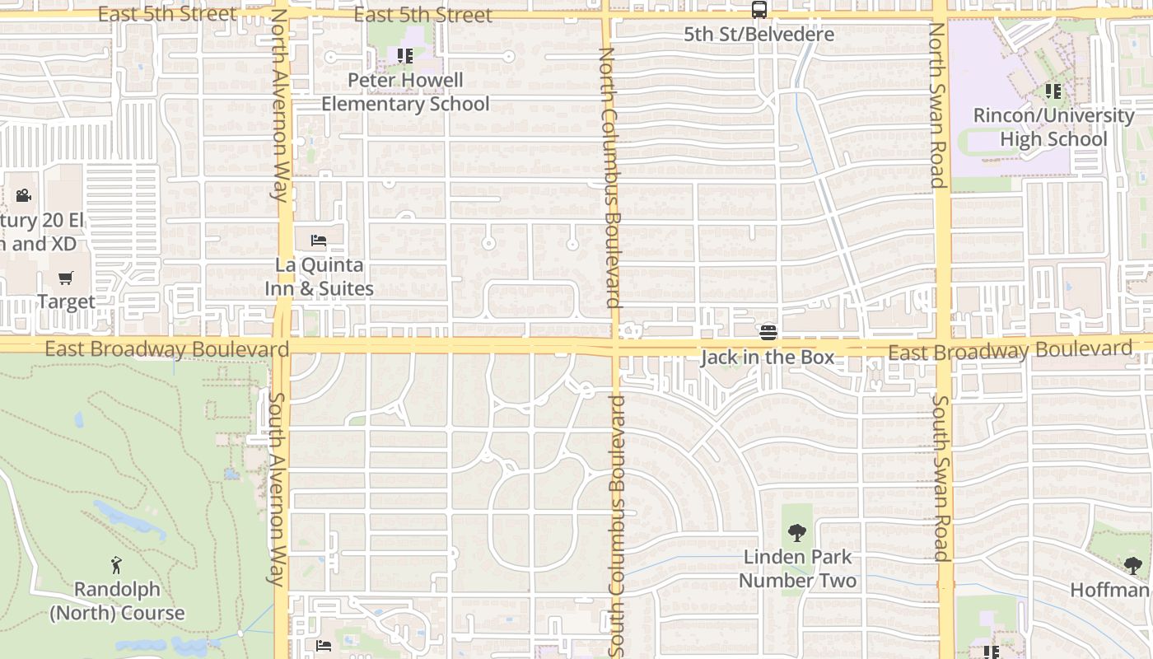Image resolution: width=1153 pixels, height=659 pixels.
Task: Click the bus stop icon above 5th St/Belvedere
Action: click(759, 10)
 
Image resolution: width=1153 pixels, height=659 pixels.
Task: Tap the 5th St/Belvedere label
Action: click(759, 35)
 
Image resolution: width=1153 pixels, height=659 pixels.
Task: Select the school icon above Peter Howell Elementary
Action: click(404, 56)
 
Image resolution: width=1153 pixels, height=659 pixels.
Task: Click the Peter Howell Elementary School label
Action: click(405, 92)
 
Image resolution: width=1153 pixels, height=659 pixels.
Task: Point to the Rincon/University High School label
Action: click(1053, 127)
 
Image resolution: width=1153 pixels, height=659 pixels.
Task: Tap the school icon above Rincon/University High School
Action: click(1052, 91)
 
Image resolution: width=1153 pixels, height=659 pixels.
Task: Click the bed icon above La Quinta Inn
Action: click(319, 241)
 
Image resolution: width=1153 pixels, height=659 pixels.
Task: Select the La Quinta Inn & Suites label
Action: click(319, 277)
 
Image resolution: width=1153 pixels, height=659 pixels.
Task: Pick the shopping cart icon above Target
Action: click(66, 278)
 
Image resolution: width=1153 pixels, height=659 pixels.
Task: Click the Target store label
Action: click(66, 301)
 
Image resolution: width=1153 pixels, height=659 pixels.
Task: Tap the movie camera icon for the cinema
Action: click(23, 196)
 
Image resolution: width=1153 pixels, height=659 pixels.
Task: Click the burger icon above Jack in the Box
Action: click(768, 332)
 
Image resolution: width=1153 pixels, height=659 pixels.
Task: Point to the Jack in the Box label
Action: click(767, 358)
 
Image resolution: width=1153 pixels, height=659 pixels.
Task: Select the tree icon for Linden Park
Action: click(796, 533)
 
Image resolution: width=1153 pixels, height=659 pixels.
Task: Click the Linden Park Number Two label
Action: click(796, 568)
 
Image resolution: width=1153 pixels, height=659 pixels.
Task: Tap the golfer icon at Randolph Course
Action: click(116, 566)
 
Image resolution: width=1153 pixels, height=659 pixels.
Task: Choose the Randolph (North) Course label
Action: click(116, 601)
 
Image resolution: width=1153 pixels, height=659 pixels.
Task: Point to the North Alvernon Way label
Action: click(279, 105)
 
